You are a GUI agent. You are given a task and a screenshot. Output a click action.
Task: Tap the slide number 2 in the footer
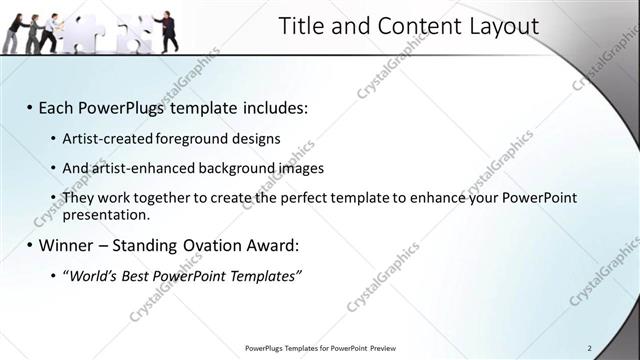pos(589,348)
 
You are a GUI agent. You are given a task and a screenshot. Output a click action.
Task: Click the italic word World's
pos(95,276)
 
